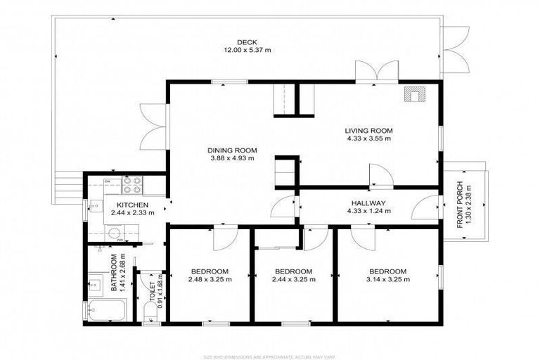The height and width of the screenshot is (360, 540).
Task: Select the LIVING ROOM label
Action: [368, 130]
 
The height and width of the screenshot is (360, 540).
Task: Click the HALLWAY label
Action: [368, 203]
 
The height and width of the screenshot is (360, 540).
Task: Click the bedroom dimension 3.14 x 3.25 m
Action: [388, 280]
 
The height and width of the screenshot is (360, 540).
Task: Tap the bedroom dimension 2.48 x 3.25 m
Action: [210, 280]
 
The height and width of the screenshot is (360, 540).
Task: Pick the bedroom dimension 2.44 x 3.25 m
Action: [292, 280]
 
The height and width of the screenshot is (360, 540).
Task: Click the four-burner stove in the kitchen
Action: [132, 185]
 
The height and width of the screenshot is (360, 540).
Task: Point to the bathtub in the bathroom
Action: [107, 310]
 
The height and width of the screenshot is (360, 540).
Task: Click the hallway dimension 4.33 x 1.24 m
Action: [368, 212]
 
